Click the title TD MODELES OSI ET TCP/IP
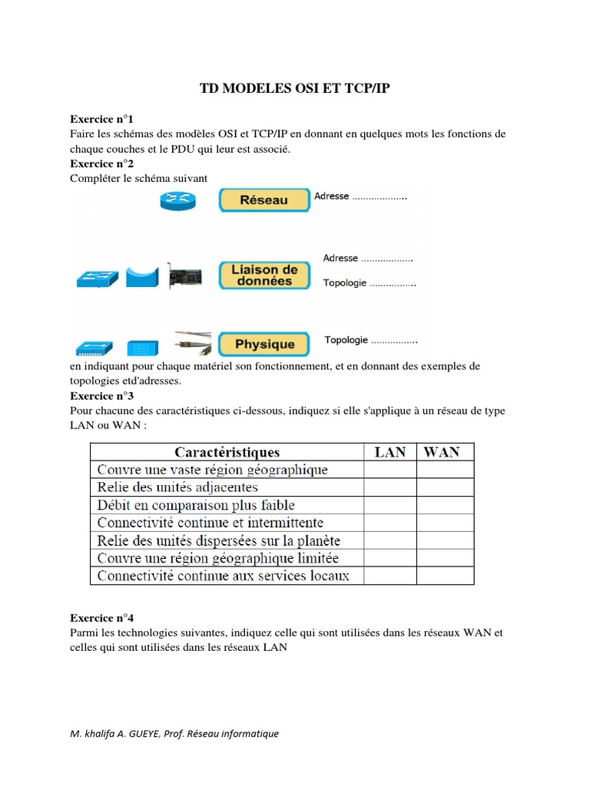tap(295, 89)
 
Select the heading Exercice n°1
tap(101, 119)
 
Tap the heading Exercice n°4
tap(101, 618)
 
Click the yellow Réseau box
tap(264, 200)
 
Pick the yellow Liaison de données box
tap(264, 275)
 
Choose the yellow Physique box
tap(264, 345)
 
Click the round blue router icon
tap(178, 200)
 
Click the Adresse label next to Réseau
tap(332, 196)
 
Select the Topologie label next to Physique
tap(346, 340)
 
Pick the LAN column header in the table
tap(389, 452)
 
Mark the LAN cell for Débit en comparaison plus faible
tap(389, 505)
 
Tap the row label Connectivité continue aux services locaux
tap(223, 576)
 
